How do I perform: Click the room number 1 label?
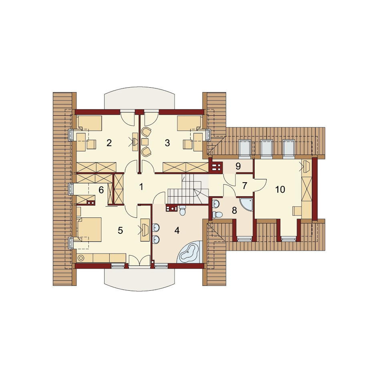141,187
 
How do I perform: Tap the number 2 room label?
109,143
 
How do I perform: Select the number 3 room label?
167,143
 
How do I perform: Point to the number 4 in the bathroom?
177,231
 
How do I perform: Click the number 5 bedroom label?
120,231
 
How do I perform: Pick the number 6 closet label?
101,190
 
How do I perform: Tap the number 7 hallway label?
244,186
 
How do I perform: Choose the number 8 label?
234,211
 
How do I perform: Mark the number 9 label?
238,166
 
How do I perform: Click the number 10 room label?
280,189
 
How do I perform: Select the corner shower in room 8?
246,205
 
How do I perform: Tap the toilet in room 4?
183,211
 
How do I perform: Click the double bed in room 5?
89,229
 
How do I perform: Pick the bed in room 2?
89,123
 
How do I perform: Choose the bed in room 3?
189,123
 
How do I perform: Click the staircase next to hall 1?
188,190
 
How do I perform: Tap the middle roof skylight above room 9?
267,149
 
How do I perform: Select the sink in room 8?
216,204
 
